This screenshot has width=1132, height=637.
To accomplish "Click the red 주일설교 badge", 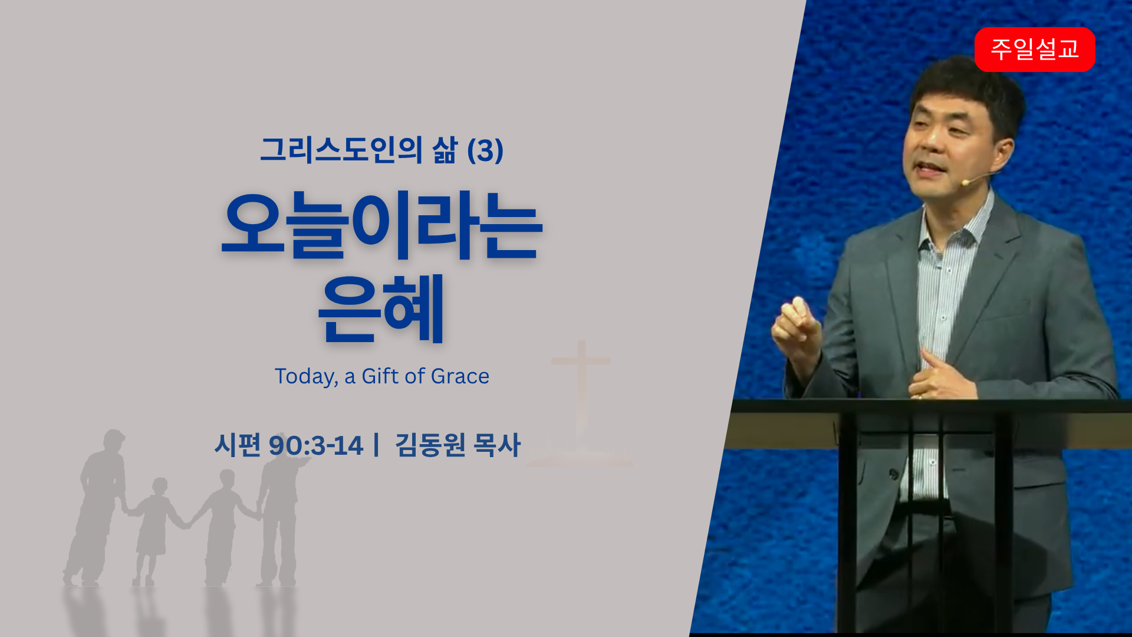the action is tap(1035, 49).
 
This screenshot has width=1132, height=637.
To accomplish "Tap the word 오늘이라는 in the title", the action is tap(381, 225).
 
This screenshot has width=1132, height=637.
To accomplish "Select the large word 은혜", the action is tap(381, 308).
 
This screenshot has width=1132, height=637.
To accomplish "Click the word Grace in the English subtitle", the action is tap(460, 376).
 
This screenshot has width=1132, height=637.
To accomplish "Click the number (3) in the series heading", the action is tap(485, 150).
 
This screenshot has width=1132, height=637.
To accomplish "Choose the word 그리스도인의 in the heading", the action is tap(341, 150).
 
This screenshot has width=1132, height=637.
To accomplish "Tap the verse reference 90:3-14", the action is tap(315, 445).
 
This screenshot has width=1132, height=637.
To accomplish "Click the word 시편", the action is tap(238, 445).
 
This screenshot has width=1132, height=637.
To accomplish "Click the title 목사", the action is tap(496, 445).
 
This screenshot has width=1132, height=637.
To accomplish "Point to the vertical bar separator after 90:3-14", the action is tap(376, 445).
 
